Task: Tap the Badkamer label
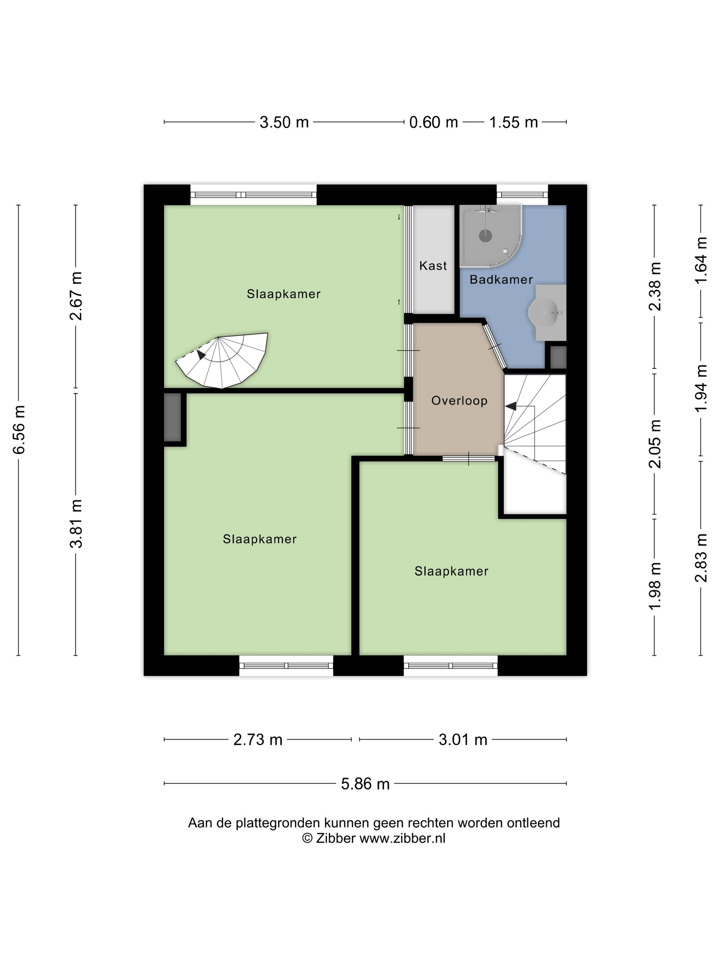pyautogui.click(x=501, y=279)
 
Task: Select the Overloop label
pyautogui.click(x=459, y=401)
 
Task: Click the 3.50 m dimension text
pyautogui.click(x=284, y=122)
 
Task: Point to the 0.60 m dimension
pyautogui.click(x=433, y=122)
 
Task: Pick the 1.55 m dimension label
pyautogui.click(x=513, y=122)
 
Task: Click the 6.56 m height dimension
pyautogui.click(x=19, y=429)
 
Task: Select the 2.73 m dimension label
pyautogui.click(x=257, y=739)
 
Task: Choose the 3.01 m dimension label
pyautogui.click(x=463, y=739)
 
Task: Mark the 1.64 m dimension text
pyautogui.click(x=701, y=260)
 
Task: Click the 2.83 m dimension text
pyautogui.click(x=701, y=558)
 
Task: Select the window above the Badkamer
pyautogui.click(x=522, y=194)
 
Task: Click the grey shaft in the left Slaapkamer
pyautogui.click(x=173, y=417)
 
